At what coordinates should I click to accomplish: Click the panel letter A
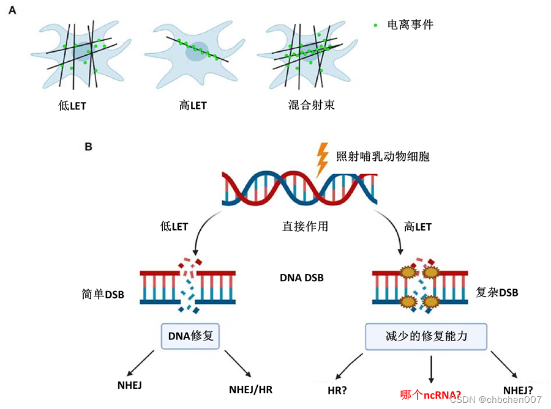(x=12, y=11)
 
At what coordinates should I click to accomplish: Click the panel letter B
(x=88, y=147)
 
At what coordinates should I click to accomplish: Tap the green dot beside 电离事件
(x=375, y=25)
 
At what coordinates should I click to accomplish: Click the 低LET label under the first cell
(x=72, y=106)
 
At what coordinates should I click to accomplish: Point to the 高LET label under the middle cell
(x=193, y=105)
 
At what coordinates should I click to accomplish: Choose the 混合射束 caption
(x=311, y=105)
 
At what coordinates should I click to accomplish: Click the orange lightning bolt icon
(x=321, y=158)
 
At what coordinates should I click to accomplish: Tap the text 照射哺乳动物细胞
(x=383, y=157)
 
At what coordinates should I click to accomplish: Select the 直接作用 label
(x=305, y=226)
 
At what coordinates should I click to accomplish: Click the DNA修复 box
(x=190, y=336)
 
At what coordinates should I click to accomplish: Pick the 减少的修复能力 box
(x=427, y=336)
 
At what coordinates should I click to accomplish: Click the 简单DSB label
(x=103, y=295)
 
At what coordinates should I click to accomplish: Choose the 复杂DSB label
(x=497, y=292)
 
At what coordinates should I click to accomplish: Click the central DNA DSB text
(x=302, y=278)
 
